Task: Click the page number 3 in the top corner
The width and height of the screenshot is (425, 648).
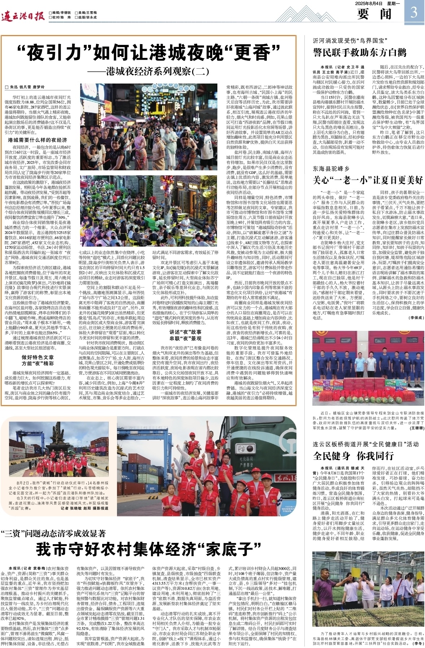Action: pyautogui.click(x=414, y=12)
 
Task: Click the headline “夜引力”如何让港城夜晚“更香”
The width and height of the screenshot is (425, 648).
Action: pyautogui.click(x=148, y=53)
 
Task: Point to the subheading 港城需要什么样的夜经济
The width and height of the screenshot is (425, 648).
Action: pyautogui.click(x=37, y=140)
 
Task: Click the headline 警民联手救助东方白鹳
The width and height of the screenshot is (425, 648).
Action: pyautogui.click(x=359, y=53)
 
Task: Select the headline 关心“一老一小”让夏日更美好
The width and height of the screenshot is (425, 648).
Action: pyautogui.click(x=368, y=180)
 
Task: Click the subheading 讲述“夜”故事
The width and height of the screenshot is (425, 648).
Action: pyautogui.click(x=186, y=332)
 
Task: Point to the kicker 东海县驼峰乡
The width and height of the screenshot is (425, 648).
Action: pyautogui.click(x=331, y=169)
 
